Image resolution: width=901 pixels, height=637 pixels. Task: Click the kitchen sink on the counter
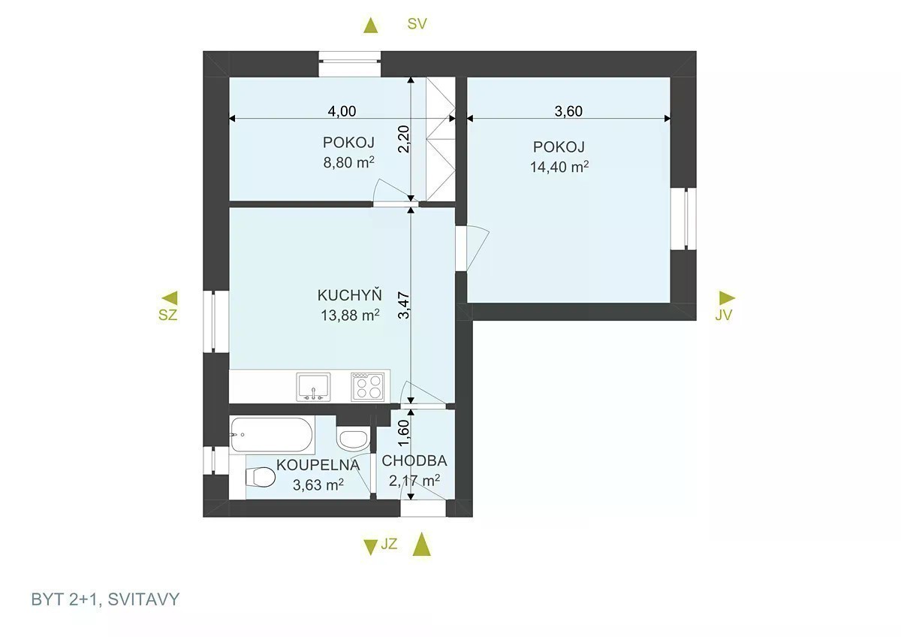[313, 387]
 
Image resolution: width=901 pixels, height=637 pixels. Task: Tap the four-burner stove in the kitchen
[367, 387]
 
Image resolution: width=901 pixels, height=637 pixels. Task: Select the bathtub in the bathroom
[272, 435]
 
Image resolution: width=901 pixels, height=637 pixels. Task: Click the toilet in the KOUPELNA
[260, 478]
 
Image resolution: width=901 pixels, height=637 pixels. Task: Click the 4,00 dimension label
[342, 111]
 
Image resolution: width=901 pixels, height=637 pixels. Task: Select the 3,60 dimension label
[568, 111]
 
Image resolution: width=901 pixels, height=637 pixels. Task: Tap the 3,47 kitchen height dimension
[403, 305]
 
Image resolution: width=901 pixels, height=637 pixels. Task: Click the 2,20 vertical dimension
[403, 139]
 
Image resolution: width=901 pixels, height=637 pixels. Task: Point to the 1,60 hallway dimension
[403, 433]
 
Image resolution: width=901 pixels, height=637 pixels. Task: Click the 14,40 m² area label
[559, 167]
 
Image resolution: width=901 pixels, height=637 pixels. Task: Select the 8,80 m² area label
[348, 162]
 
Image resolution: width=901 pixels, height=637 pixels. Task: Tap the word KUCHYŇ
[350, 294]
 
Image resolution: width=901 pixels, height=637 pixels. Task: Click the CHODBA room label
[414, 460]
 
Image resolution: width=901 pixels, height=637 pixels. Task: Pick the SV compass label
[417, 24]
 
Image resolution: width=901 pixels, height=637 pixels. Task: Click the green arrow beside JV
[728, 297]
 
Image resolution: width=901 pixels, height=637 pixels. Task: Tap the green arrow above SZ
[170, 298]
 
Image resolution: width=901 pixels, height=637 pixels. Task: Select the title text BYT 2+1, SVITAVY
[105, 599]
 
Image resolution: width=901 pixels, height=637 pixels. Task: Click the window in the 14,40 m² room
[683, 219]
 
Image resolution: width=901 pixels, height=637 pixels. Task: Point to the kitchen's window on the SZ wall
[216, 322]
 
